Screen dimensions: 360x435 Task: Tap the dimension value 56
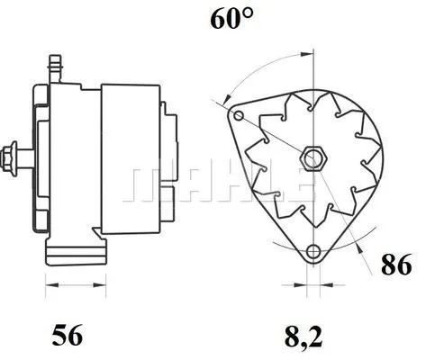(x=68, y=337)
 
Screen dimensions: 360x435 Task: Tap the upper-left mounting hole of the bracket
(x=238, y=117)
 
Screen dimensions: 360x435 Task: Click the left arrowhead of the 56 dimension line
(x=49, y=286)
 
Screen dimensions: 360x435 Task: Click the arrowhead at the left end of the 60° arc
(x=228, y=95)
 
